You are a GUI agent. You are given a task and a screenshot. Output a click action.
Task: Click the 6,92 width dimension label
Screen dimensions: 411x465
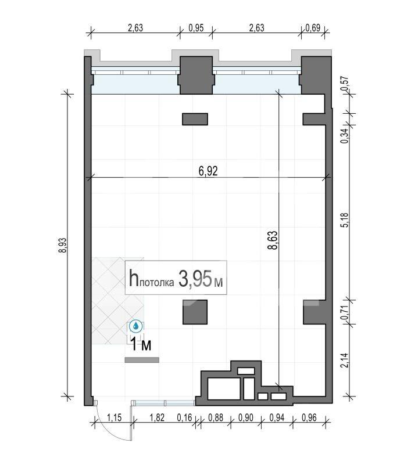coord(208,171)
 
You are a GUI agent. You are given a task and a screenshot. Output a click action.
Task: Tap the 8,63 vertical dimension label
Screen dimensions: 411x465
coord(273,240)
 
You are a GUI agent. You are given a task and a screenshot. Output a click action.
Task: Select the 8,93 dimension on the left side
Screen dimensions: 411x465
coord(63,245)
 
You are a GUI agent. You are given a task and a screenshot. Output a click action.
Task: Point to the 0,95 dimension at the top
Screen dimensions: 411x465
coord(196,28)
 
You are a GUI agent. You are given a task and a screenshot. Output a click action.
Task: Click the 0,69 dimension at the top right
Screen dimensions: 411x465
coord(313,28)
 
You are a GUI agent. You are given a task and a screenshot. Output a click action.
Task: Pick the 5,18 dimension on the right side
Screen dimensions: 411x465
coord(345,220)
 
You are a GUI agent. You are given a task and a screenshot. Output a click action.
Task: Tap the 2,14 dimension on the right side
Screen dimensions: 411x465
coord(345,361)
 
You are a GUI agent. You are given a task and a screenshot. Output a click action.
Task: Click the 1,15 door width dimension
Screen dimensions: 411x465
coord(115,418)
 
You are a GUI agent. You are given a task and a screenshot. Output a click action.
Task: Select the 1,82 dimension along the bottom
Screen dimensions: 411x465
coord(157,418)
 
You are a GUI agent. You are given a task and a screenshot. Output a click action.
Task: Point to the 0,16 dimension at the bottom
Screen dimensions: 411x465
coord(184,418)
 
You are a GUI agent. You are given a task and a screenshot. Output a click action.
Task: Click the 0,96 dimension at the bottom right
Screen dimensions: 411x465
coord(309,418)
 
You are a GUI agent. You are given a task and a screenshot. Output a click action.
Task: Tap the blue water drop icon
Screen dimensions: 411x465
coord(136,326)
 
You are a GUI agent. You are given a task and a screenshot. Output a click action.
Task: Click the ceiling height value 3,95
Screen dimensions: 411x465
coord(196,279)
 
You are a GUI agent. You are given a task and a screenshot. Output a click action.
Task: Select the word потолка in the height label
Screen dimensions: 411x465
coord(156,282)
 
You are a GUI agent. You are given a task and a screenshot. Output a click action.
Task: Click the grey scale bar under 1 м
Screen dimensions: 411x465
coord(142,360)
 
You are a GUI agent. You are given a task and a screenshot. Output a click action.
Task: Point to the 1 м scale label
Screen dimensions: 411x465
coord(141,345)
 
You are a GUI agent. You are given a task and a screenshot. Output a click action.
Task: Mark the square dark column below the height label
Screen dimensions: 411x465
coord(195,312)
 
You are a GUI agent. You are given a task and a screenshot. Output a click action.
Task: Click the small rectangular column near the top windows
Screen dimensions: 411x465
coord(195,119)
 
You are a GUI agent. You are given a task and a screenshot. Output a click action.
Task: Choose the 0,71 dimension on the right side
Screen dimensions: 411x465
coord(345,312)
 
